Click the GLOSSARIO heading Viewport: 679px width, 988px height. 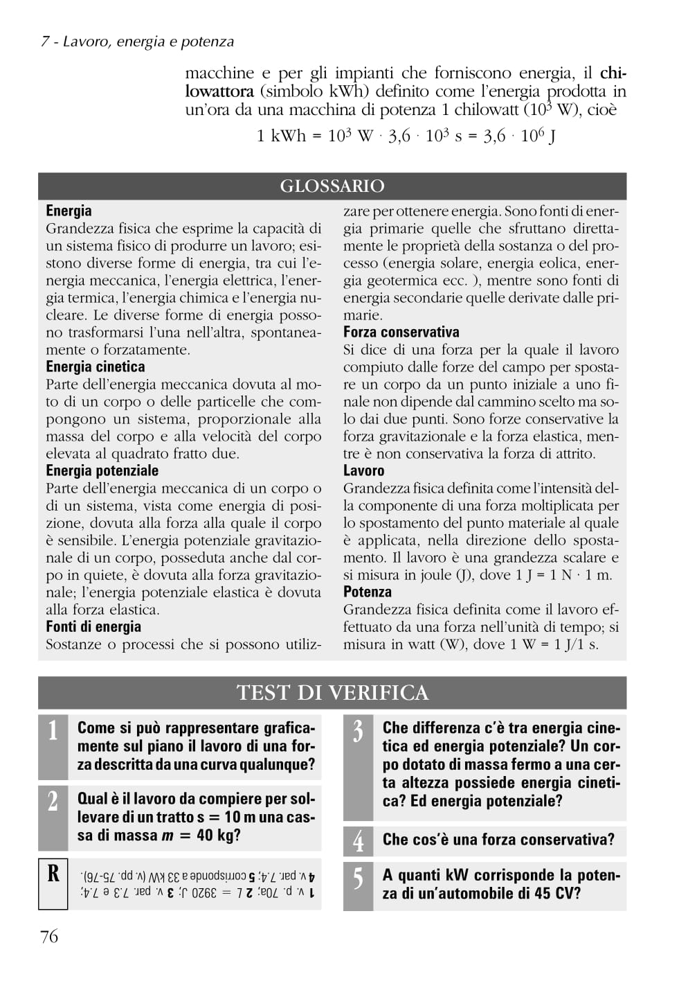click(332, 186)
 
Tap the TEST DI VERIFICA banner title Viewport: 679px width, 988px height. click(332, 692)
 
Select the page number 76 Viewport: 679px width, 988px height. click(49, 937)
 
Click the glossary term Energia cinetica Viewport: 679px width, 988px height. click(96, 367)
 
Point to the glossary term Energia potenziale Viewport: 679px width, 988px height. click(102, 470)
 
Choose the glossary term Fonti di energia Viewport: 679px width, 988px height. click(93, 626)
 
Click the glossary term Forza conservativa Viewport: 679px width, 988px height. click(401, 332)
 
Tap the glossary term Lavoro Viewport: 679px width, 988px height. click(363, 470)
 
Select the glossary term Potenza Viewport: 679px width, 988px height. click(367, 592)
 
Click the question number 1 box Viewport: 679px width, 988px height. click(53, 746)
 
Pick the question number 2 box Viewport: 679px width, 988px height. click(53, 817)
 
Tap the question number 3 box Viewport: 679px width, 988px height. click(358, 767)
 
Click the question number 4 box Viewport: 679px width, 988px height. click(358, 840)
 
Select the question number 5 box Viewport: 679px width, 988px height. click(358, 885)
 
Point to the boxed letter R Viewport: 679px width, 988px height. click(53, 883)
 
